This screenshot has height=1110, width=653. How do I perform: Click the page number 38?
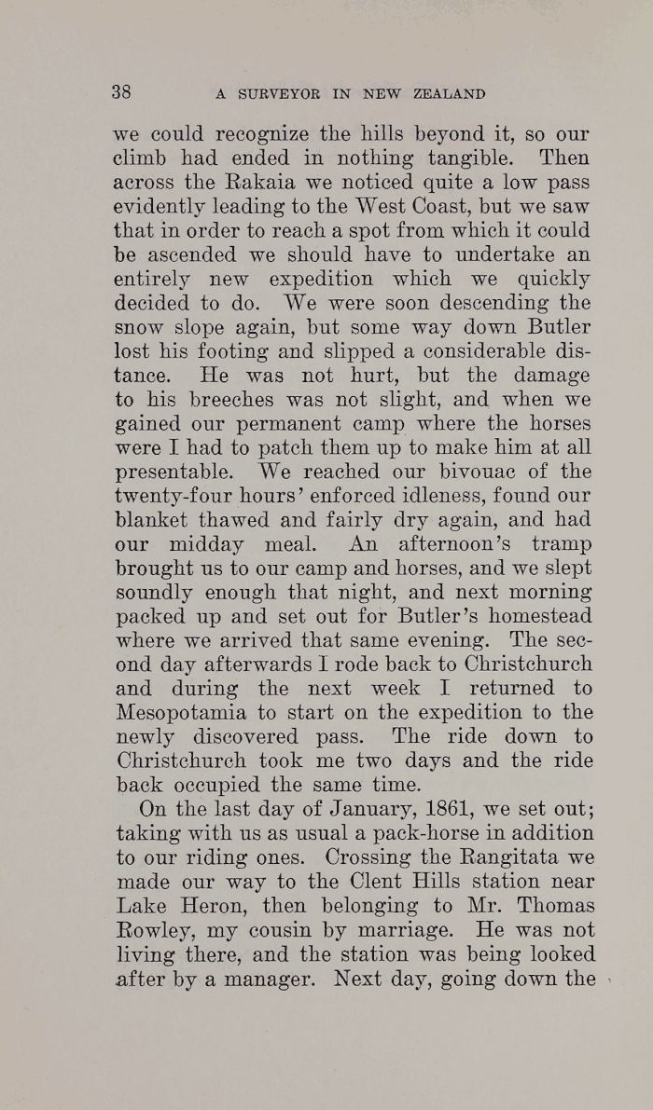point(121,91)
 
